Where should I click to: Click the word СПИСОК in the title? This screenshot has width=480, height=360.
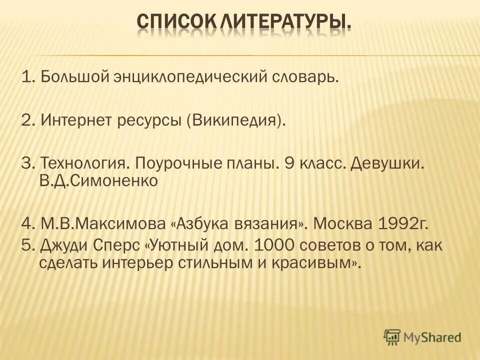170,22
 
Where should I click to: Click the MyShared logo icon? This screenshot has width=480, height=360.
392,336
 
